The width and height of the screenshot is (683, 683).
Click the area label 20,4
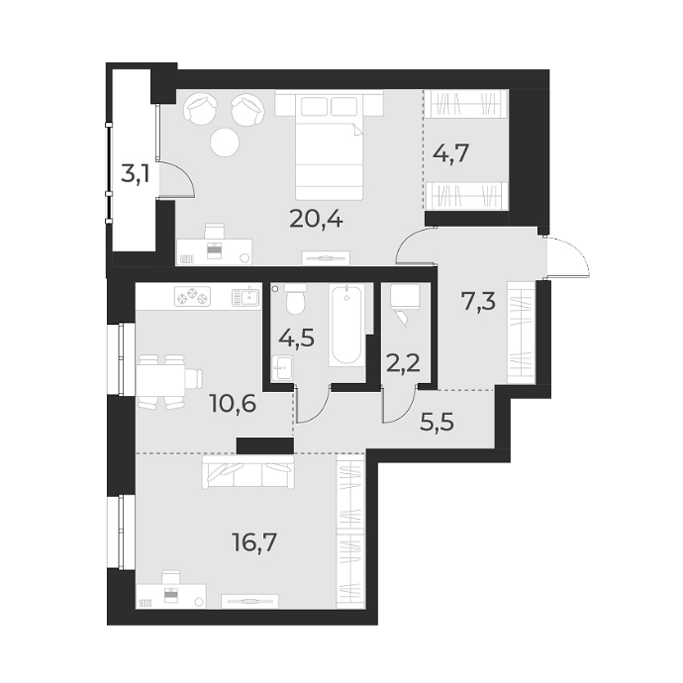tap(317, 218)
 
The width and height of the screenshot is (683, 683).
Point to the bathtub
tap(346, 325)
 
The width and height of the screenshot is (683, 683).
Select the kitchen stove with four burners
tap(192, 295)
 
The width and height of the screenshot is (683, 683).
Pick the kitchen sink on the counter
tap(244, 295)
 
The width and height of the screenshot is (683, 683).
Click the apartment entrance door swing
tap(567, 257)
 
